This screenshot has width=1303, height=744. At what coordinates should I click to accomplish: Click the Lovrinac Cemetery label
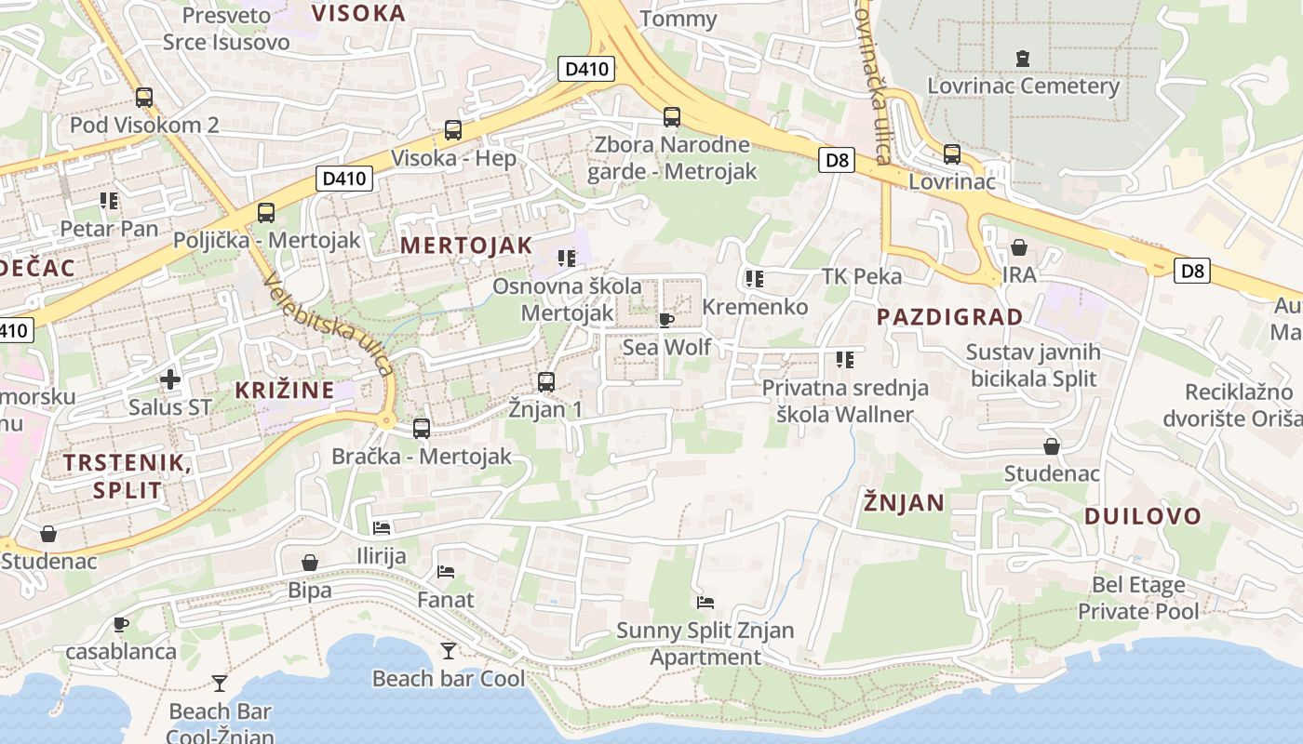coord(1023,86)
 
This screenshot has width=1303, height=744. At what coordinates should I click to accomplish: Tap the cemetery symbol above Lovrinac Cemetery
coord(1023,59)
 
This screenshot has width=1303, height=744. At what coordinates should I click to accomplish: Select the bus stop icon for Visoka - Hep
coord(453,130)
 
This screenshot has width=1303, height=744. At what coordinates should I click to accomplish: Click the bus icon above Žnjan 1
coord(546,381)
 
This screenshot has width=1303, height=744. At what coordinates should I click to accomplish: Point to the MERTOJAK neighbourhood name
coord(466,246)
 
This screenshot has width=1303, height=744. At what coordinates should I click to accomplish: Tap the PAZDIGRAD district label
coord(949,317)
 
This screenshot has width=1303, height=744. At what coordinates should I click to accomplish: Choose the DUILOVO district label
coord(1142,516)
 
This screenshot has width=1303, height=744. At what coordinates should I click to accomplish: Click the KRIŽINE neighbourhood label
coord(284,391)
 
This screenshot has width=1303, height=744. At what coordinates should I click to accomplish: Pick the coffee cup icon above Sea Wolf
coord(665,321)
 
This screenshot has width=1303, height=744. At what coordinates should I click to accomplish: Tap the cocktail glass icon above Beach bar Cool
coord(449,651)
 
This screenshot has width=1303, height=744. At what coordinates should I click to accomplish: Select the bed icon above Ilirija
coord(382,528)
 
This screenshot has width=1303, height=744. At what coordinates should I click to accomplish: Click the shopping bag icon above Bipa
coord(310,563)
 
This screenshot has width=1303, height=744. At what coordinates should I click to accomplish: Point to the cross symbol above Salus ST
coord(170,379)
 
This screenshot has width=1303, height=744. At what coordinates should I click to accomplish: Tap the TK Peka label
coord(861,276)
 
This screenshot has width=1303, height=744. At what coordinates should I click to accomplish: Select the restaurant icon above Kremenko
coord(754,278)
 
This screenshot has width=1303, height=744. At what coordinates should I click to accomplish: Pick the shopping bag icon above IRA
coord(1019,247)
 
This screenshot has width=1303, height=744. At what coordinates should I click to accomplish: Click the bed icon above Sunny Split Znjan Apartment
coord(705,603)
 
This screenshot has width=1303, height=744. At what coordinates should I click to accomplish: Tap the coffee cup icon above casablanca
coord(120,624)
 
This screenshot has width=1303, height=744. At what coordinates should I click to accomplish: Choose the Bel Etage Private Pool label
coord(1138,598)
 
